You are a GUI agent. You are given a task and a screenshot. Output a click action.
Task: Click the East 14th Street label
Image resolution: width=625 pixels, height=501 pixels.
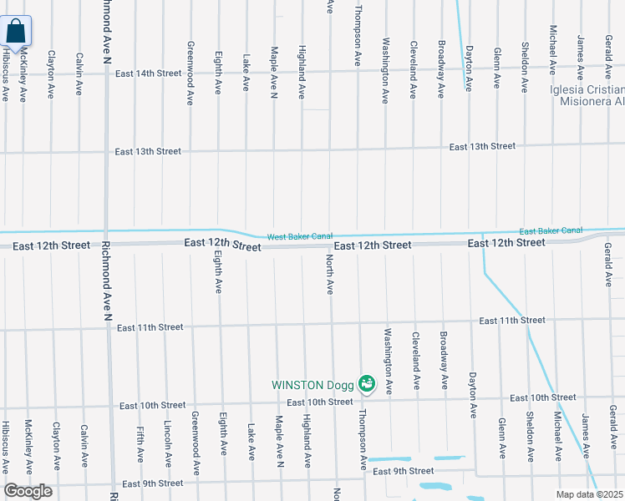149,73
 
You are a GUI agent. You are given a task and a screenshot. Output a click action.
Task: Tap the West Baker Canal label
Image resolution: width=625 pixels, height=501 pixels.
300,237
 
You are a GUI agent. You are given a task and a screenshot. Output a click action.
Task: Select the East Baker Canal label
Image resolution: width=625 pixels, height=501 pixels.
551,230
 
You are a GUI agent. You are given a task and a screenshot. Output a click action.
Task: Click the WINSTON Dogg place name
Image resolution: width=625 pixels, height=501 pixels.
312,385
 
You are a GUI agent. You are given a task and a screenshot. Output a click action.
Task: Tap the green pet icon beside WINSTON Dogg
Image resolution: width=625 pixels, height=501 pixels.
366,384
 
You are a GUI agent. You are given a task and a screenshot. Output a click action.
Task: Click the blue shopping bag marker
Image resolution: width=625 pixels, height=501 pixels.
16,33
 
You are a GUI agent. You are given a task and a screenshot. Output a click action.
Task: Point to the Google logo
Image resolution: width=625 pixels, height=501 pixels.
28,491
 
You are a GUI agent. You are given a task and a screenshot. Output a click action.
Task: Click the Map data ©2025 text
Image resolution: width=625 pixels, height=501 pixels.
590,494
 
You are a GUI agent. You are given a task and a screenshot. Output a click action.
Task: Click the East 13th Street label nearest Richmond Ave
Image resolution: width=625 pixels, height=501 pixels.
148,152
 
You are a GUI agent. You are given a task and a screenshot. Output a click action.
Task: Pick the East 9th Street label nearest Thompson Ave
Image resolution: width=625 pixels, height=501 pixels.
403,472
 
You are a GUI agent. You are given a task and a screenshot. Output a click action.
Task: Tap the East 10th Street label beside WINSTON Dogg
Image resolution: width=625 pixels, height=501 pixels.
320,402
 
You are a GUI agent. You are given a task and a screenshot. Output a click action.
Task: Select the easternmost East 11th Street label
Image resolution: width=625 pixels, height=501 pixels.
512,320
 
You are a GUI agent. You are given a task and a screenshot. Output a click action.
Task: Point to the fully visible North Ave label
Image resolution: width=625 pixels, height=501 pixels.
330,275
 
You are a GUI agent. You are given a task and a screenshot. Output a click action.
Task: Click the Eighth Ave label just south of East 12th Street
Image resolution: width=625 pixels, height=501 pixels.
219,275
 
